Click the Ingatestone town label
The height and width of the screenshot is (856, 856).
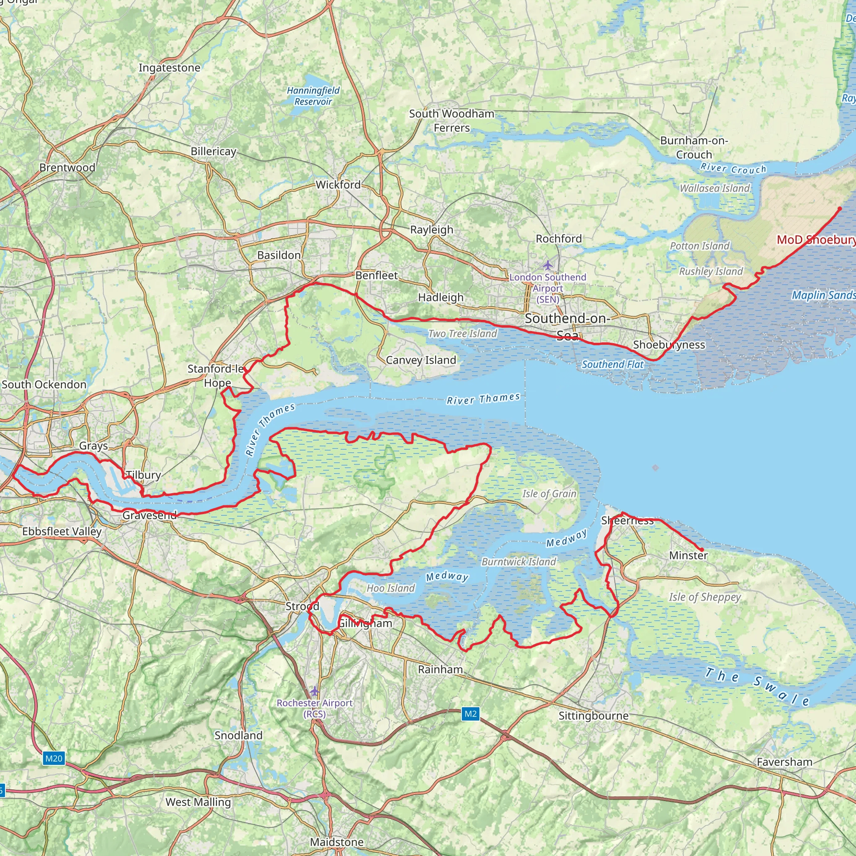pos(169,68)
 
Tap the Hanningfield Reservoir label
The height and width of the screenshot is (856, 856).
pos(313,96)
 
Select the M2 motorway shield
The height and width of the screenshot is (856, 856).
pos(470,713)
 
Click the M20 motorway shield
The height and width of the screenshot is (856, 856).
pos(54,758)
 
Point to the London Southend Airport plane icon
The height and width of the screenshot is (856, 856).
pos(548,265)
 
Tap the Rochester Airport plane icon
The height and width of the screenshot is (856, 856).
pos(314,691)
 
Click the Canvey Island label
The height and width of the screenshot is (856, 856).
pos(420,360)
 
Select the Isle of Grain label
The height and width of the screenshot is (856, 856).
pos(549,494)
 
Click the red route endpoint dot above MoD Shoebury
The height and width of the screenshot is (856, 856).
pos(839,209)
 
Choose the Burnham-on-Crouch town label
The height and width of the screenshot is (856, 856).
pos(694,148)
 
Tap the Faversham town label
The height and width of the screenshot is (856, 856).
pos(784,762)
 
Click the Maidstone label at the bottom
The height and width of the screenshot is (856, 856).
pos(337,842)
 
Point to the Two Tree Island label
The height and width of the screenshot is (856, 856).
pos(463,334)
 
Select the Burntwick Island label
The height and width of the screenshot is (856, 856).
pos(518,562)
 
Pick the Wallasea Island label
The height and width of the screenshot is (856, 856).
pos(715,189)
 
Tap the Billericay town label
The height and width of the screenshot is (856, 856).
pos(214,152)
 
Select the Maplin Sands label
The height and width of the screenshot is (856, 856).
pos(823,295)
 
